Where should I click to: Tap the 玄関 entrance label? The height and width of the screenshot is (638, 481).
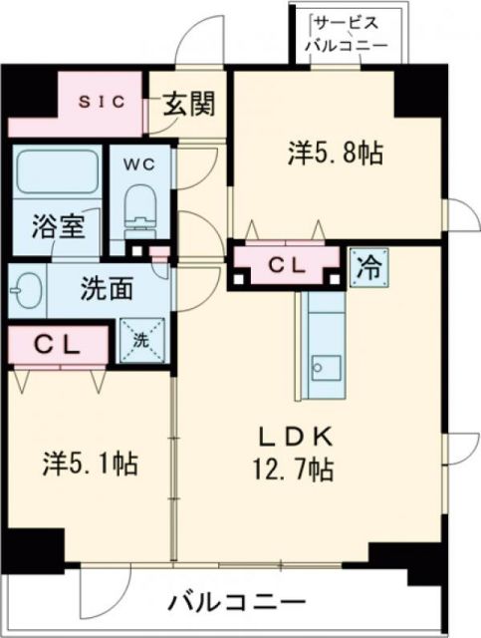(x=189, y=104)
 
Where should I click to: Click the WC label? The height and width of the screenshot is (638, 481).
(x=138, y=164)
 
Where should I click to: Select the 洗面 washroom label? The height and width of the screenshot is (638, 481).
(x=108, y=290)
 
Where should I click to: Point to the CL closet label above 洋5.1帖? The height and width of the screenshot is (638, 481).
(x=56, y=344)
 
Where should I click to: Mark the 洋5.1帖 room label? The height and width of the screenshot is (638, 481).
(x=91, y=464)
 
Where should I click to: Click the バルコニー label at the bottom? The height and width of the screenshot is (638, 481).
(x=236, y=602)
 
